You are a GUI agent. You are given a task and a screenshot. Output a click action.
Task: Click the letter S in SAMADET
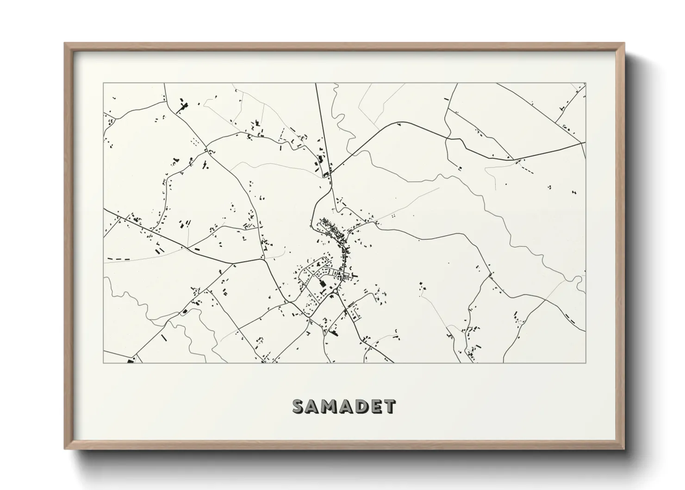pos(299,406)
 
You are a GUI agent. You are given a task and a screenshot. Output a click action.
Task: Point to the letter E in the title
pos(374,406)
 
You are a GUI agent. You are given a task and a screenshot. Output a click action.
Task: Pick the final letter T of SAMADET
pos(388,406)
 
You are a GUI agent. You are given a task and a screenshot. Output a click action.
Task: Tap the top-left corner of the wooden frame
pos(65,43)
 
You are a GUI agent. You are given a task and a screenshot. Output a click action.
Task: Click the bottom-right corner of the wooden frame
pos(624,449)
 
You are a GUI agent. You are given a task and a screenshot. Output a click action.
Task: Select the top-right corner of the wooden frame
pos(624,43)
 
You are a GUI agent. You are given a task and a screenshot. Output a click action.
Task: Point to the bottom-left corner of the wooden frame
pos(65,449)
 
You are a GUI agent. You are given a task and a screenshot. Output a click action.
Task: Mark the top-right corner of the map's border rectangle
pos(586,83)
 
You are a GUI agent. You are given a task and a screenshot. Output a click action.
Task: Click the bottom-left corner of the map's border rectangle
pos(104,363)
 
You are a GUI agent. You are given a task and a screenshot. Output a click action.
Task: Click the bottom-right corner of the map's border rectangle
pos(586,363)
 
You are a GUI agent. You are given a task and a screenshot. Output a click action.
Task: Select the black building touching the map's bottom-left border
pos(130,360)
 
